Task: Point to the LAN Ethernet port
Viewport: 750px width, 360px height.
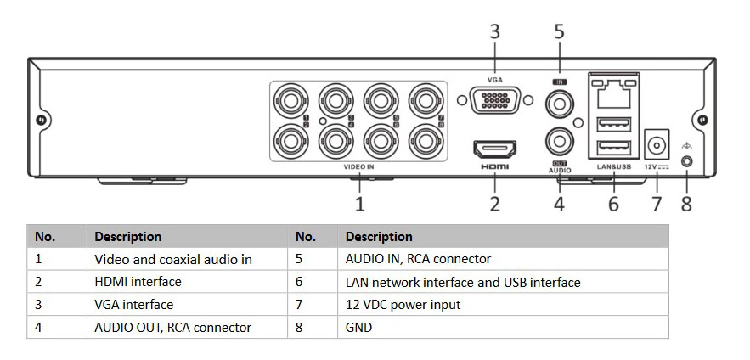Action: [x=613, y=93]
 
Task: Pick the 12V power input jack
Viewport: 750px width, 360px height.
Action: [x=656, y=141]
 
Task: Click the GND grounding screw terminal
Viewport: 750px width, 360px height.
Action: [x=686, y=161]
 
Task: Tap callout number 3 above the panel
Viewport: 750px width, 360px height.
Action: [x=494, y=32]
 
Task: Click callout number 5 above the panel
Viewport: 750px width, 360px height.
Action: [x=559, y=32]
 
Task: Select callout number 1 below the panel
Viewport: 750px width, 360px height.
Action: [x=359, y=204]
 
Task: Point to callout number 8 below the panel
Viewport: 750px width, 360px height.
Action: [x=686, y=204]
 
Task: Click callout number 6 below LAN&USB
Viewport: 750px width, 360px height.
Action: [x=613, y=204]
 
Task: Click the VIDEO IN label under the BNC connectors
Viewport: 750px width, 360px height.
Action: [x=358, y=167]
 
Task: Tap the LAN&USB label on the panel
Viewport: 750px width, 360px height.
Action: [x=613, y=167]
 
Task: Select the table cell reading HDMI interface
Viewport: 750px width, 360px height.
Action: [x=138, y=281]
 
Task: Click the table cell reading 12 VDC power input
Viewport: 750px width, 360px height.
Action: [x=403, y=304]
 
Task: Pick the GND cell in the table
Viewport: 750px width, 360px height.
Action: [x=359, y=327]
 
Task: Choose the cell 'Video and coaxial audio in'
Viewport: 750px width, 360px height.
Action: [x=172, y=259]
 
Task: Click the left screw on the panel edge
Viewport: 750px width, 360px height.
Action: [x=40, y=121]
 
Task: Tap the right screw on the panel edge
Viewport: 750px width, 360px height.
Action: [x=702, y=121]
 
